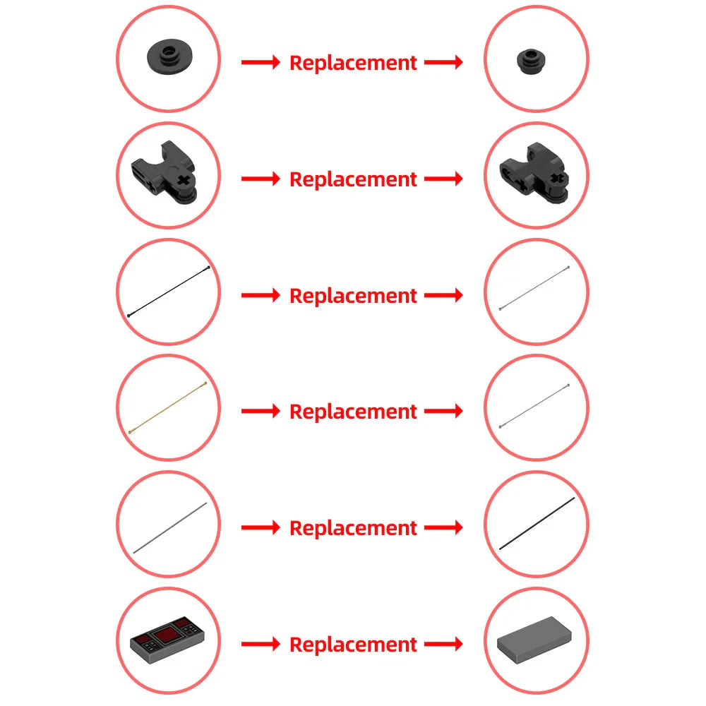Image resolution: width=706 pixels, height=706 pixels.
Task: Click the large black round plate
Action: pos(169,57)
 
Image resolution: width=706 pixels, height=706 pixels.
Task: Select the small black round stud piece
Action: pos(531,61)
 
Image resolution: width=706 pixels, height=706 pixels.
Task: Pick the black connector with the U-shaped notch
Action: pos(164,172)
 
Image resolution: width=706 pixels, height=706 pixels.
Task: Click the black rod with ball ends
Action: pos(169,292)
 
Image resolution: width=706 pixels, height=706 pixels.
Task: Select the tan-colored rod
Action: pos(168,407)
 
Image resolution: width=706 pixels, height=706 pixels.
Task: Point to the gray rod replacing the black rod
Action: pos(534,288)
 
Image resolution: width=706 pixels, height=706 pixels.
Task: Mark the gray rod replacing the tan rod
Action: pos(534,406)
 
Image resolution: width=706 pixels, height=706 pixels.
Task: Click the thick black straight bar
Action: pos(537,523)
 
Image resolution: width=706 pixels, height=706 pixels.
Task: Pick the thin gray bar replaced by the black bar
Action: pos(170,527)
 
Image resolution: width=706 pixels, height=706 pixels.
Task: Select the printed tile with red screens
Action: pos(167,640)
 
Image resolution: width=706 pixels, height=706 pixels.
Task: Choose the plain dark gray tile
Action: pos(534,640)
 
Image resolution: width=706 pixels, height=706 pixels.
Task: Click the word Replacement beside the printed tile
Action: pos(353,645)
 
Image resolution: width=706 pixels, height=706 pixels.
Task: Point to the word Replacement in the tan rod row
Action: pos(353,412)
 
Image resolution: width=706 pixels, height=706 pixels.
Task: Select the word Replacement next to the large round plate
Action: pos(353,63)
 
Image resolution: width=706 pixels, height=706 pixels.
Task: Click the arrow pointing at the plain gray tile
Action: pos(443,644)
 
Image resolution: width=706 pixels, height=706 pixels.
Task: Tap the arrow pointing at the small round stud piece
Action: pos(443,62)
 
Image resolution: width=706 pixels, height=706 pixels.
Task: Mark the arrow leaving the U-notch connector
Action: pos(261,179)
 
